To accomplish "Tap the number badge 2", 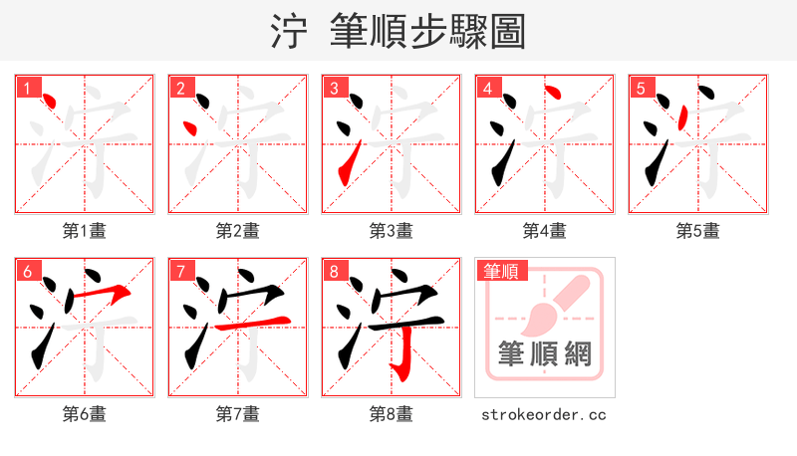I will (x=180, y=88).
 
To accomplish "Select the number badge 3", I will (x=334, y=88).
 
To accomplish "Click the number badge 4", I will (x=487, y=88).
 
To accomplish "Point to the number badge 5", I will (x=641, y=88).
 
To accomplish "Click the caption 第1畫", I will (x=85, y=231).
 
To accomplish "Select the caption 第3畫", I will (x=392, y=231).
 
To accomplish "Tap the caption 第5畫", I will (x=698, y=231).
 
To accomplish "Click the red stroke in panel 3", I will (x=348, y=165).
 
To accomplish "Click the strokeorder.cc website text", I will (x=544, y=414).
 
